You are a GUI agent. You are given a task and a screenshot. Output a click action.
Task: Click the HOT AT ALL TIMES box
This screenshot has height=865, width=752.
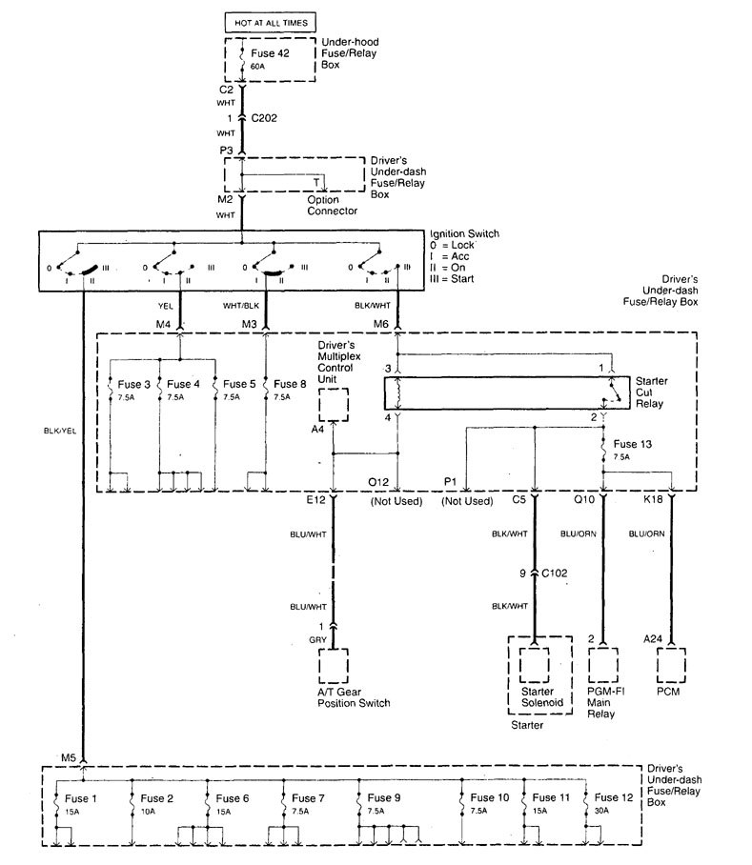tap(271, 19)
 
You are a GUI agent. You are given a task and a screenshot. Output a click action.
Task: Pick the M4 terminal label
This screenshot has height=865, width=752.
tap(164, 324)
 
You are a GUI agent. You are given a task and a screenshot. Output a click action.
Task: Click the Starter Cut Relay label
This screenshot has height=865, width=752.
tap(652, 392)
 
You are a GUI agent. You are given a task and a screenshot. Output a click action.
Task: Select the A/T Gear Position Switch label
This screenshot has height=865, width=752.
tap(354, 696)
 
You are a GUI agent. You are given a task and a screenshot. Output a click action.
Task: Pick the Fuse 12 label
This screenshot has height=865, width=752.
tap(612, 797)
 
